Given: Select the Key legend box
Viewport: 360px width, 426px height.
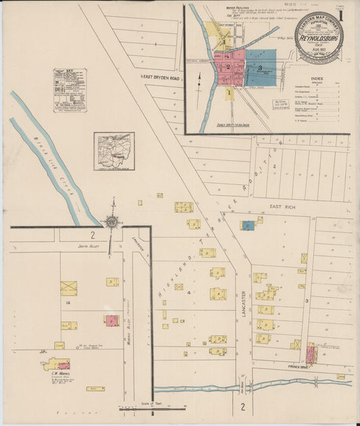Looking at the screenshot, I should [70, 89].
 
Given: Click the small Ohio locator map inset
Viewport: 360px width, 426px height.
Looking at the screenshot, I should [113, 151].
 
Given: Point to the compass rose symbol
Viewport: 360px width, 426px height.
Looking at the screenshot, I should [111, 220].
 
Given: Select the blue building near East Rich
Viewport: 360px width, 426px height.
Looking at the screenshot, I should [248, 225].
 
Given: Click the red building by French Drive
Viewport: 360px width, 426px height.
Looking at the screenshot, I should [311, 353].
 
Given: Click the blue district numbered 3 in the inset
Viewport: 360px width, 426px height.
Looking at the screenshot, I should [260, 68].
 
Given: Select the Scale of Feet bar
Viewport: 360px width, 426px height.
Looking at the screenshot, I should [152, 407].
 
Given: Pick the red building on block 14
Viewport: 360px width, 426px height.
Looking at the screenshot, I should [111, 321].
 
